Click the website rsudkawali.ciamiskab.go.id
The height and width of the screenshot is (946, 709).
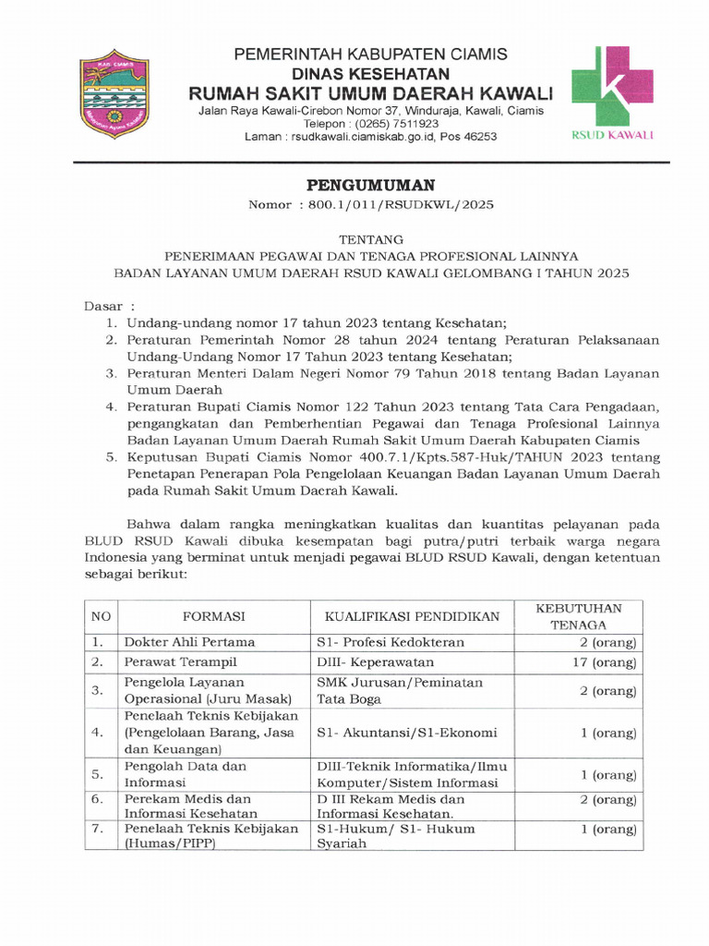tap(365, 136)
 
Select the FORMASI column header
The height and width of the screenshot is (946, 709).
tap(213, 616)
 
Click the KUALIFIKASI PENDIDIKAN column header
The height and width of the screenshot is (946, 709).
tap(411, 616)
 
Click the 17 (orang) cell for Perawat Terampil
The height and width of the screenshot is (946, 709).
tap(604, 662)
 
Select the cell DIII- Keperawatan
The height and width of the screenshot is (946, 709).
tap(376, 662)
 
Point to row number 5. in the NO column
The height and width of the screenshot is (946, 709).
tap(97, 774)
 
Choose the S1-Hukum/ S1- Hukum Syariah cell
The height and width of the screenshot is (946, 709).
tap(396, 835)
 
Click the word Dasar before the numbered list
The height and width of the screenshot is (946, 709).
tap(103, 305)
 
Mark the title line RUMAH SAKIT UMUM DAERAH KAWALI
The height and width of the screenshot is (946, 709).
tap(370, 92)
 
